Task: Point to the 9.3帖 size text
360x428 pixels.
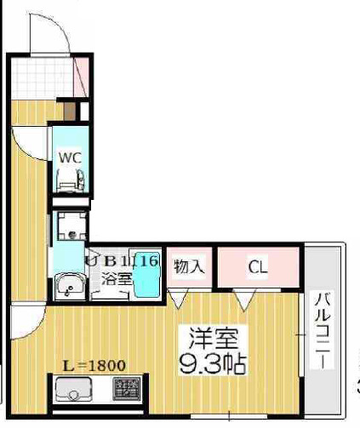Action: (212, 364)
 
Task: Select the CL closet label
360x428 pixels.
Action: (257, 267)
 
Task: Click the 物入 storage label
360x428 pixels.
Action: (188, 266)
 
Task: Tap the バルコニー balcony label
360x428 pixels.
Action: (323, 332)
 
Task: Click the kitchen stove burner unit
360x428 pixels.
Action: (128, 391)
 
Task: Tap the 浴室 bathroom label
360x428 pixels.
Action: (117, 278)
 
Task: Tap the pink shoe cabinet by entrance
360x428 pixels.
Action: (81, 77)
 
